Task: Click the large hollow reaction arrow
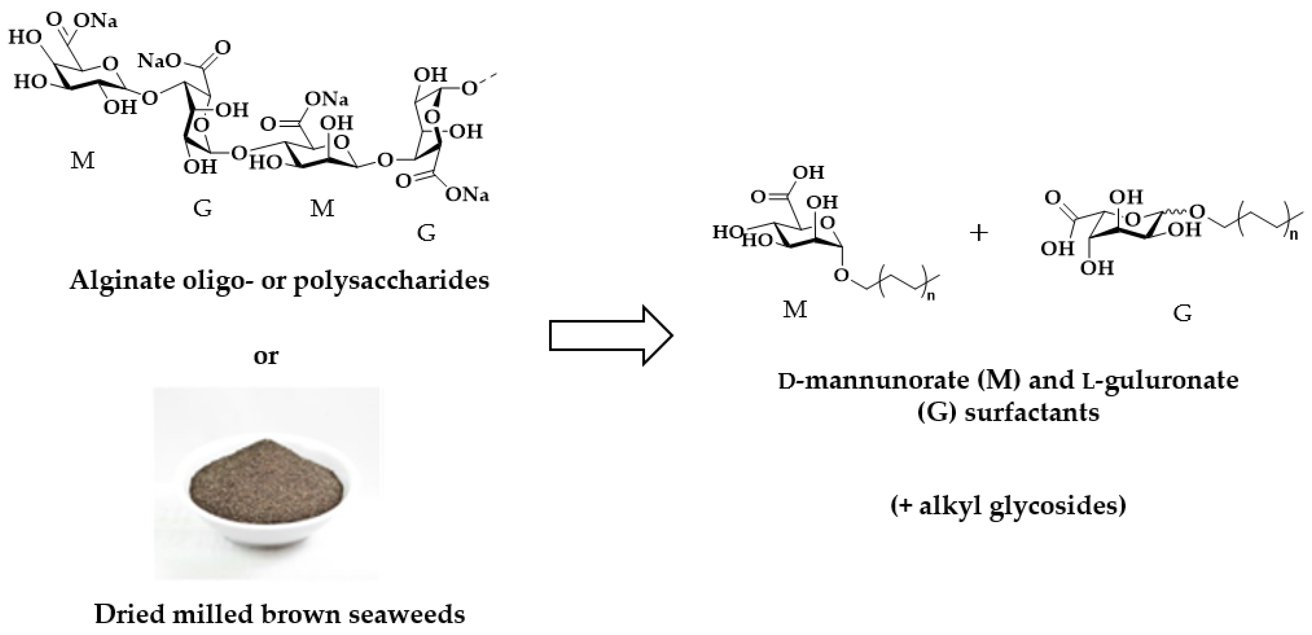611,336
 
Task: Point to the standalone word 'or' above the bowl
266,355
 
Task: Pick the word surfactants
1031,413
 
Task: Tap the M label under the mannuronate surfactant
795,309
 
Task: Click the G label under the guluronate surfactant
1183,313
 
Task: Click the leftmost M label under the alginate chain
82,161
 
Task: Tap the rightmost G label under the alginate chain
426,233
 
